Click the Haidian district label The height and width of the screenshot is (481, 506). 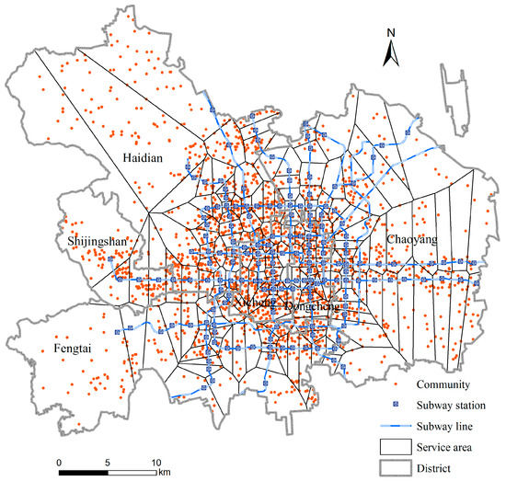(x=143, y=158)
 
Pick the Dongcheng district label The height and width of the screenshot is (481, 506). (x=313, y=304)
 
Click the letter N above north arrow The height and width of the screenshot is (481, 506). (x=390, y=34)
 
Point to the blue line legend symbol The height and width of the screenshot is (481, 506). (x=397, y=426)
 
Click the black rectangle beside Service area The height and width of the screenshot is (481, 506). (x=397, y=447)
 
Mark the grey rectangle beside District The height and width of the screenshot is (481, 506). (x=397, y=468)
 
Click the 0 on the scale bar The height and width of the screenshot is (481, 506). (x=58, y=461)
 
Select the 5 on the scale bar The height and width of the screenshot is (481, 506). (x=108, y=461)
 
